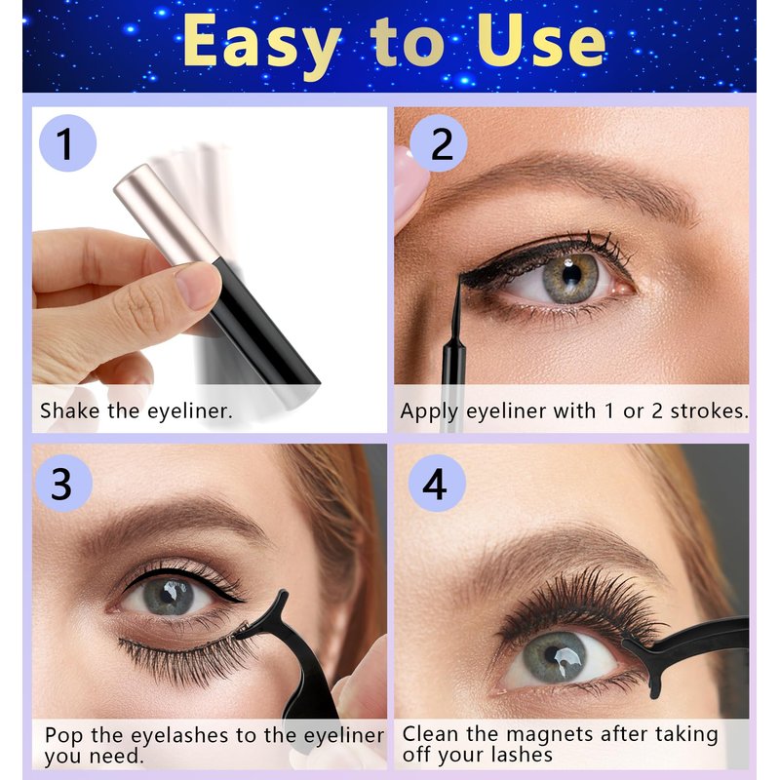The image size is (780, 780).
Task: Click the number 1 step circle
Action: pos(67,143)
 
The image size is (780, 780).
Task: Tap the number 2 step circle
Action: pos(439,143)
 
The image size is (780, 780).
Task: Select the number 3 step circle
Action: pos(63,483)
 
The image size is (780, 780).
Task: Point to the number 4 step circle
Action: pos(437,483)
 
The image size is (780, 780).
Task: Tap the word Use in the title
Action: pos(541,40)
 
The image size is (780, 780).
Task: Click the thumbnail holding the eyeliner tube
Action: pos(197,285)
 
